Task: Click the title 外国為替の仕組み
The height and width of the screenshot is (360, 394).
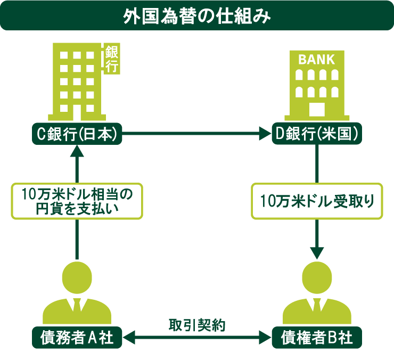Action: [197, 17]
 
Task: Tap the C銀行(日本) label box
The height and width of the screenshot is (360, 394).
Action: [77, 134]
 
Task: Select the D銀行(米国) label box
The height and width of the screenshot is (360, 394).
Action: [317, 134]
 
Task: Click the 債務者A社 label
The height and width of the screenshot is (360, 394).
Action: [77, 338]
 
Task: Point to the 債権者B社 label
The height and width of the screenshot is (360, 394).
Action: [317, 338]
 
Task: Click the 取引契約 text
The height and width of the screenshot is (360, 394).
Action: [197, 325]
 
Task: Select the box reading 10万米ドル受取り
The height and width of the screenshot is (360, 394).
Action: [317, 201]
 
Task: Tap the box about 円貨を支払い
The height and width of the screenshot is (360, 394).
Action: [77, 201]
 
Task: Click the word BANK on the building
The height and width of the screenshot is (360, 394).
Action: [317, 60]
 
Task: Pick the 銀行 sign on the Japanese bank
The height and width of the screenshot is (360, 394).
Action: [112, 59]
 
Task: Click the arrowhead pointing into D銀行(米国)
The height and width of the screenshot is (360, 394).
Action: [265, 134]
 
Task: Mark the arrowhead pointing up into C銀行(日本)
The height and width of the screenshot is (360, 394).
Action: [77, 151]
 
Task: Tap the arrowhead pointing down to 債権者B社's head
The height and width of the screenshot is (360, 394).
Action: [317, 253]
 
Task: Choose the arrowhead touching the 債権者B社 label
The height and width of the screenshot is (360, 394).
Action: [265, 338]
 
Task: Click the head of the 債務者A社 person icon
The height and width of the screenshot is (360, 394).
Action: [77, 277]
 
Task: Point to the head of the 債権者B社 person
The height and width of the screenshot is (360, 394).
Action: [317, 277]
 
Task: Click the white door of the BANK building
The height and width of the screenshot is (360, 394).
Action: [317, 110]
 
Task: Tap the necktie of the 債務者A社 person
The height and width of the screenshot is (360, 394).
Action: [77, 305]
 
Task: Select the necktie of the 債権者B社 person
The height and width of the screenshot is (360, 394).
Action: [317, 305]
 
